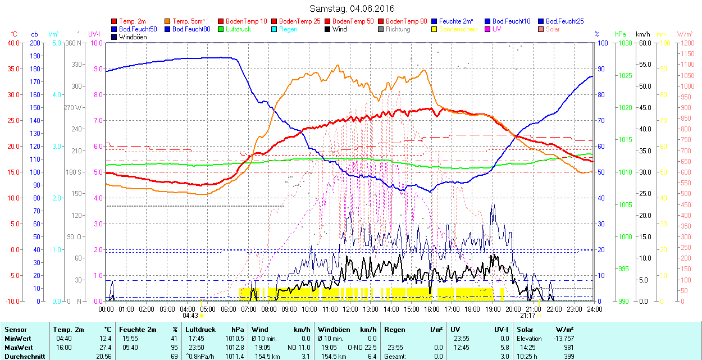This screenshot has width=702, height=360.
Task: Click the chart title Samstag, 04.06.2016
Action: pos(352,9)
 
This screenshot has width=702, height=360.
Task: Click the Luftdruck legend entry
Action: pos(238,29)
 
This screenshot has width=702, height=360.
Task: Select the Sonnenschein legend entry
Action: pos(458,29)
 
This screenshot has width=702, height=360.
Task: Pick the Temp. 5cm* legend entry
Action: pos(188,21)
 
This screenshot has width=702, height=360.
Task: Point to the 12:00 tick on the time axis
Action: pos(350,309)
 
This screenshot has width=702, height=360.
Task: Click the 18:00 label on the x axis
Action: pos(472,309)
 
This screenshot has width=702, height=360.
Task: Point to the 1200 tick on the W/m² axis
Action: pos(687,43)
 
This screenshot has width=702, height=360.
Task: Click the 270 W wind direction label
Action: pos(73,108)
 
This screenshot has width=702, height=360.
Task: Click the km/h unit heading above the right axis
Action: pos(643,34)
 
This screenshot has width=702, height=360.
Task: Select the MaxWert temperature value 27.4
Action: pos(105,348)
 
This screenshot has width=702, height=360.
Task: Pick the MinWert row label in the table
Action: pos(18,339)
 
